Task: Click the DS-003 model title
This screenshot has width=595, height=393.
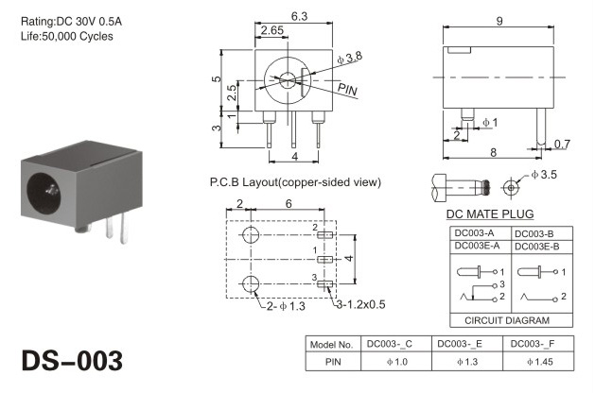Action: (x=72, y=361)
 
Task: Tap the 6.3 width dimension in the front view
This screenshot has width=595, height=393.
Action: (x=299, y=16)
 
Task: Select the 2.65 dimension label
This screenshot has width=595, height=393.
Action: (x=272, y=30)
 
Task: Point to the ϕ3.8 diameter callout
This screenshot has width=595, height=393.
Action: (x=349, y=58)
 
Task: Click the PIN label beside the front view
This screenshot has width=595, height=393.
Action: (x=347, y=90)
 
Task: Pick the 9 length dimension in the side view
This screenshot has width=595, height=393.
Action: (x=499, y=21)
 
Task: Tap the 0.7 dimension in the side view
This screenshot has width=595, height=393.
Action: (x=562, y=144)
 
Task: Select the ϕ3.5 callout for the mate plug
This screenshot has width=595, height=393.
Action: (x=544, y=175)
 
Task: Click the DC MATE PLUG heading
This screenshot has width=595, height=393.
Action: (x=490, y=214)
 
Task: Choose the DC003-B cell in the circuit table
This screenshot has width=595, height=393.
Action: (x=534, y=234)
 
